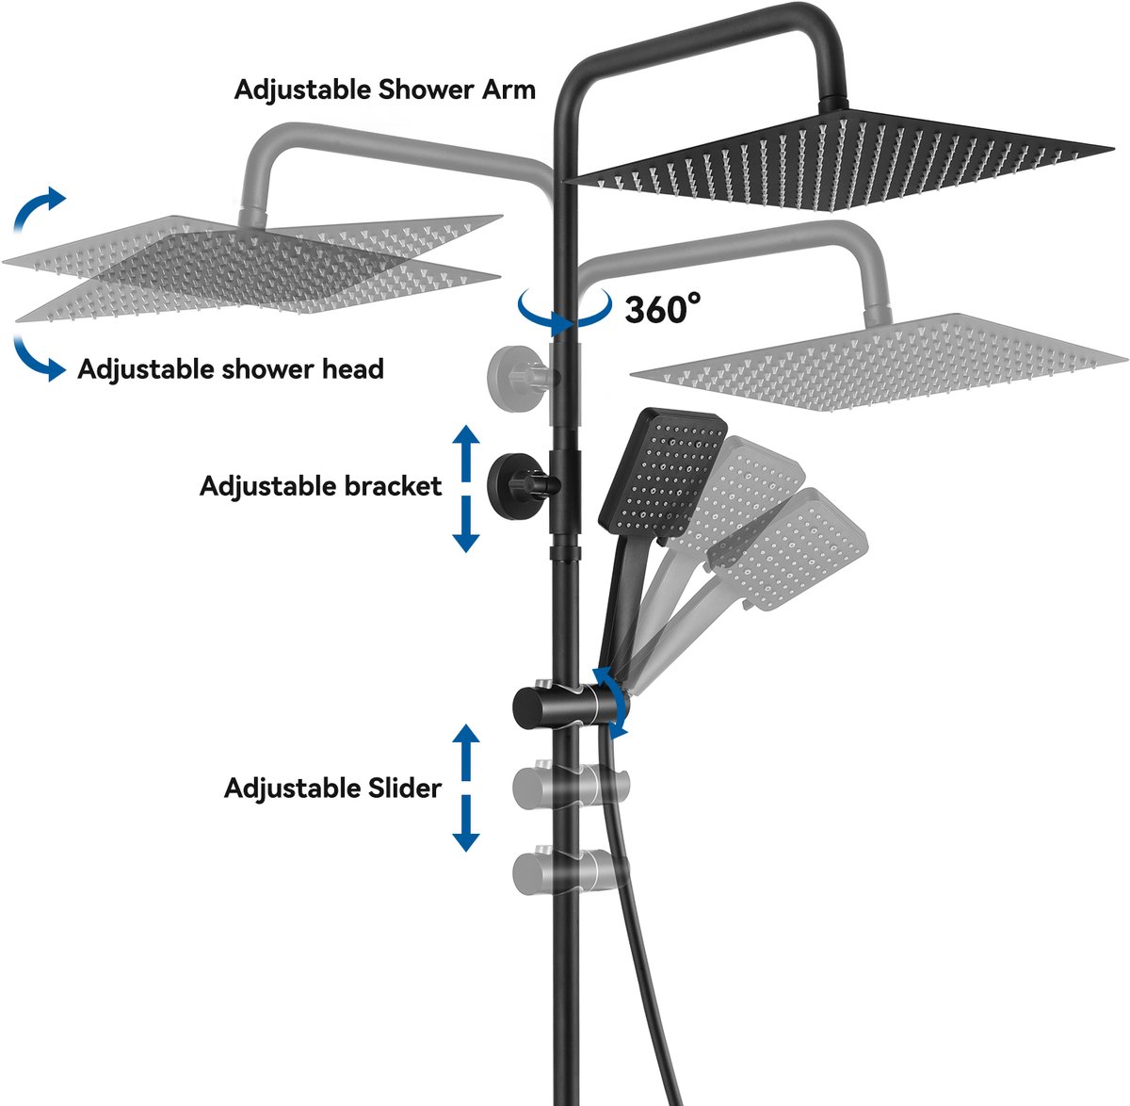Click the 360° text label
click(x=663, y=309)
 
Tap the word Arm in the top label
click(x=508, y=89)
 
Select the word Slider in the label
click(x=400, y=788)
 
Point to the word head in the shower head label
click(x=353, y=368)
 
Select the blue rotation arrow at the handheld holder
click(x=613, y=702)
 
